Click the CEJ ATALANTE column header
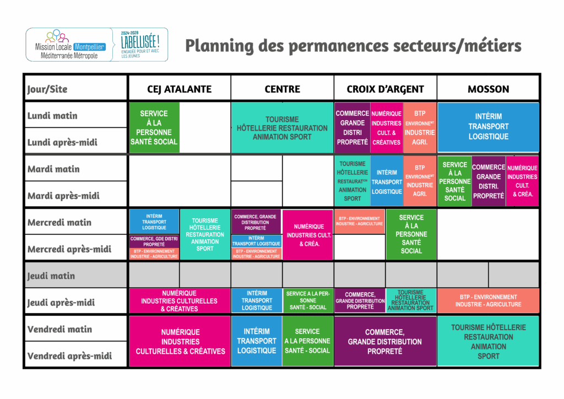pos(180,89)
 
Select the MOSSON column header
pos(488,89)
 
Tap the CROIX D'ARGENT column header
pos(385,89)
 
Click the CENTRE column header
pos(282,89)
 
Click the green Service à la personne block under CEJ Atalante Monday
pos(154,127)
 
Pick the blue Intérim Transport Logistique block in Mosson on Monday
pos(488,127)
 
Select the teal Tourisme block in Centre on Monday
pos(282,127)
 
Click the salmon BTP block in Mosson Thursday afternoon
pos(488,301)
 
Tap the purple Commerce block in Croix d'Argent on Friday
pos(384,342)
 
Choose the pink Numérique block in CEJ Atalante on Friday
pos(180,342)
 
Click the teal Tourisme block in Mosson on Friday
pos(488,342)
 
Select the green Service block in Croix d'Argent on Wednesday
pos(411,234)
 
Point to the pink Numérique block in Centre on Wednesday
pos(307,235)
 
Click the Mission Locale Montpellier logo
pos(69,44)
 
